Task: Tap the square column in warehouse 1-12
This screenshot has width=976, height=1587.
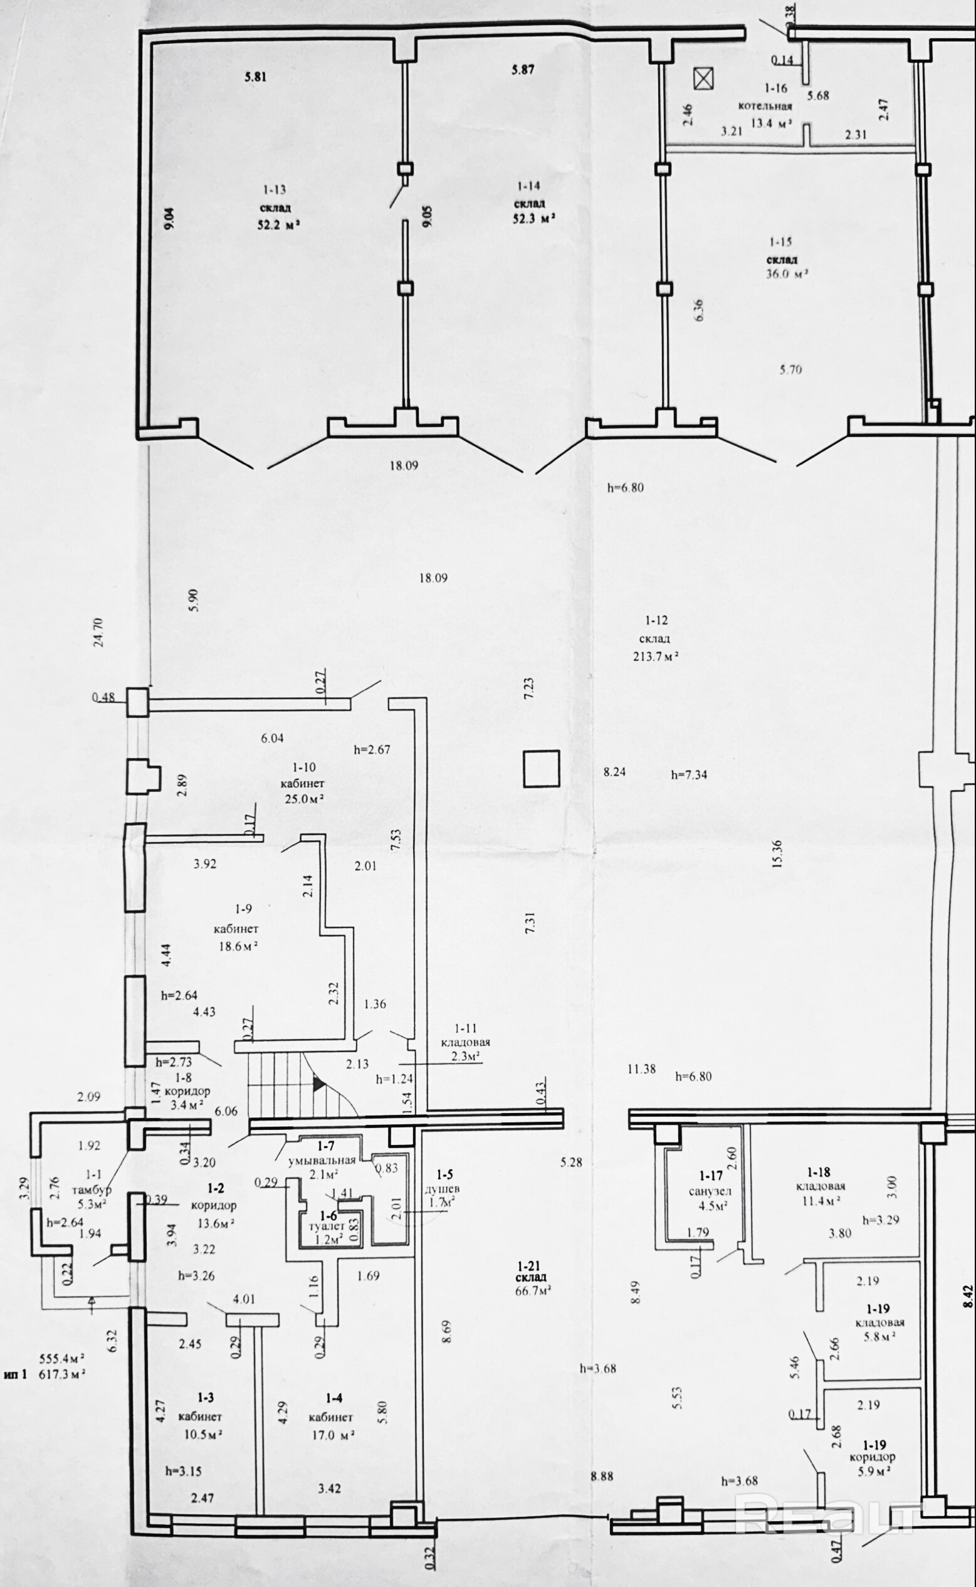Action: tap(541, 768)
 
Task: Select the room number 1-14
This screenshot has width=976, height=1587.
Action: tap(528, 186)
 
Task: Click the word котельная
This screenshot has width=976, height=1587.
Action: tap(765, 107)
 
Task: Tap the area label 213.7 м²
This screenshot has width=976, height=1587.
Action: tap(655, 656)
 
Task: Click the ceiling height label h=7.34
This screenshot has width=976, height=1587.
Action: tap(689, 775)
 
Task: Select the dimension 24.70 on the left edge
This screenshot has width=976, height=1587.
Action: tap(99, 632)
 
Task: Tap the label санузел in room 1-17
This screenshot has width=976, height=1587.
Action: tap(710, 1191)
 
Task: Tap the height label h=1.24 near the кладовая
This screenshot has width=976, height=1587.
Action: tap(394, 1078)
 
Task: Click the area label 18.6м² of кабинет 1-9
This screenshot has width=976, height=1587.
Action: tap(237, 946)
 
